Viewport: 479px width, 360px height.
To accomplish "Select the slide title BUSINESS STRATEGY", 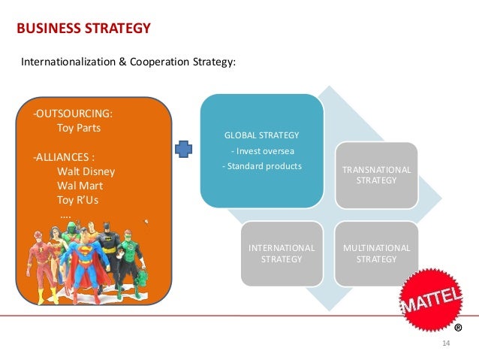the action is (83, 29).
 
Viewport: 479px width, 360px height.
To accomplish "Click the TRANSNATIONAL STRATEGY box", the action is (376, 175).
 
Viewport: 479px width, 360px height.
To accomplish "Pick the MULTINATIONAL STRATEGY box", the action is (376, 253).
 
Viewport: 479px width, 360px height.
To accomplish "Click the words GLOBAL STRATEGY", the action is (261, 135).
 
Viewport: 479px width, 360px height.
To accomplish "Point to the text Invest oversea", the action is (261, 150).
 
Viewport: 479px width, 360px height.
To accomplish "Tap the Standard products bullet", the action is (261, 165).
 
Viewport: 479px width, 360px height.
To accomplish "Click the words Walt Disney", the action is (86, 171).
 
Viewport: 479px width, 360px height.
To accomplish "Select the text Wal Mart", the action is (80, 186).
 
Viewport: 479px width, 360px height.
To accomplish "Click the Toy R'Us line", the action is (77, 201).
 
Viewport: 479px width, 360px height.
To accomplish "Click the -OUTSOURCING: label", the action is (73, 113).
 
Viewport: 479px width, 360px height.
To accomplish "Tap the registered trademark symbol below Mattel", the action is (458, 328).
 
